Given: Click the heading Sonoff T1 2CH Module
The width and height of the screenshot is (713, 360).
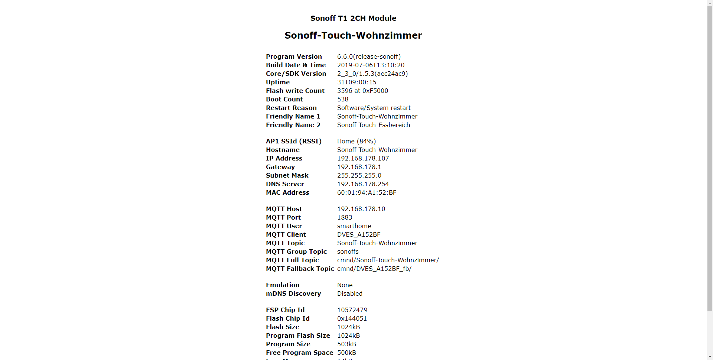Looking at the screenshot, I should (x=353, y=18).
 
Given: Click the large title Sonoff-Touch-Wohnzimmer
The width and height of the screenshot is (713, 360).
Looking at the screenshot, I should (x=353, y=35).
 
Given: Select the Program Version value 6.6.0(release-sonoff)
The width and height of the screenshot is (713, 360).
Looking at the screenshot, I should (x=369, y=56).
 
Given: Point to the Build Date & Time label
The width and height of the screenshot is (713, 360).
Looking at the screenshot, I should (x=296, y=65).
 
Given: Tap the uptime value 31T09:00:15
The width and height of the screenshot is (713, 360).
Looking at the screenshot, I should (x=356, y=82).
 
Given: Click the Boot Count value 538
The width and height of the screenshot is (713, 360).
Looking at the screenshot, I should (x=343, y=99).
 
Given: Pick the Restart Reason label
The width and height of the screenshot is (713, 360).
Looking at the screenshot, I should (x=291, y=108).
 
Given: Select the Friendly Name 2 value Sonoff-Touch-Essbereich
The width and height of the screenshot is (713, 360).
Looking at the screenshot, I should (x=373, y=125).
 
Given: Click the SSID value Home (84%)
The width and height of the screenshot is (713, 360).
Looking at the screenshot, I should (x=356, y=141).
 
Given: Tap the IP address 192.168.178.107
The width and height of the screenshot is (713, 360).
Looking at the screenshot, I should (x=363, y=158).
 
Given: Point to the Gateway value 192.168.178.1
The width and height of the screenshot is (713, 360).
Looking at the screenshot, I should (x=359, y=167).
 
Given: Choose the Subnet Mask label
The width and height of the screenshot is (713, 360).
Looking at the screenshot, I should (x=287, y=175).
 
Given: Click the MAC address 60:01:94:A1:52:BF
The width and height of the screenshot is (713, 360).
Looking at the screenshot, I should (x=367, y=192).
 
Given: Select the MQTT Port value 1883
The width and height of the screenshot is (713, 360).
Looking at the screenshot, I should (x=345, y=217).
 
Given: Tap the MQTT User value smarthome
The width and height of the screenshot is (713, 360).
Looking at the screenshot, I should (x=354, y=226).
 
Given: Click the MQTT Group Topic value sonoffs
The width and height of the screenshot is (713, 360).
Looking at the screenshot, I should (x=348, y=252).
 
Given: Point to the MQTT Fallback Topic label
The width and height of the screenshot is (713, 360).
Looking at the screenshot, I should (x=300, y=269).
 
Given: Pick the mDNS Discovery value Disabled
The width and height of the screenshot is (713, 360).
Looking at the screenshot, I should (x=349, y=293).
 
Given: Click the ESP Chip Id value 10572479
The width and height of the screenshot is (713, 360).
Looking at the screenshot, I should (x=352, y=310).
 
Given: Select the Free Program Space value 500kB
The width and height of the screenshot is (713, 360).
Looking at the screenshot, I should (x=346, y=353).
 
